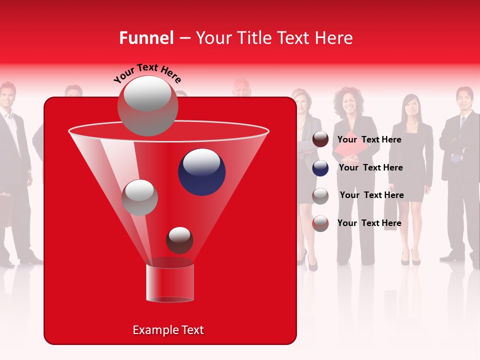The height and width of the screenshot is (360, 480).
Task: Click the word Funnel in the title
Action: pos(146,37)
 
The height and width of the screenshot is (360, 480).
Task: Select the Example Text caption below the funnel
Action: pos(168,330)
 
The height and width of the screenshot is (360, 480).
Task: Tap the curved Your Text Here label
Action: pos(147,73)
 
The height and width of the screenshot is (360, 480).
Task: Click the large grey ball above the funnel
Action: pos(147,106)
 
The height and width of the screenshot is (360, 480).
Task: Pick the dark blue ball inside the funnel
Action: pos(201,172)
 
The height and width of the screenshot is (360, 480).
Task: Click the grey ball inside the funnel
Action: pos(139,197)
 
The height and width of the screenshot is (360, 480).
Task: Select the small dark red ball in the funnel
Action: pos(179,240)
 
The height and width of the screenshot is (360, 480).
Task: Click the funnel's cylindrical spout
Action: pos(169,282)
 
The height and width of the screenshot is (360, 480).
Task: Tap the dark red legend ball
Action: pos(320,139)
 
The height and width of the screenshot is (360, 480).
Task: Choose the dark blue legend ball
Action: pos(320,168)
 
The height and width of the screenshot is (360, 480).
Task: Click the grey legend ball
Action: pos(320,196)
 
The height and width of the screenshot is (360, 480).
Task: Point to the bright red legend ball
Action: pos(320,223)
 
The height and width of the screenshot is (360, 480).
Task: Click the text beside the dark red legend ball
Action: pos(369,139)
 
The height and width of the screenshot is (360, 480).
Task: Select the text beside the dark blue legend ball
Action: pos(370,167)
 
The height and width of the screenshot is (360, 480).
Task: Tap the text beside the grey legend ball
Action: pos(371,195)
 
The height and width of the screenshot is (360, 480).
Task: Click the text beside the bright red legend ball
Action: pos(369,223)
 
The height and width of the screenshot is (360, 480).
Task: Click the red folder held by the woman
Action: pos(346,147)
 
